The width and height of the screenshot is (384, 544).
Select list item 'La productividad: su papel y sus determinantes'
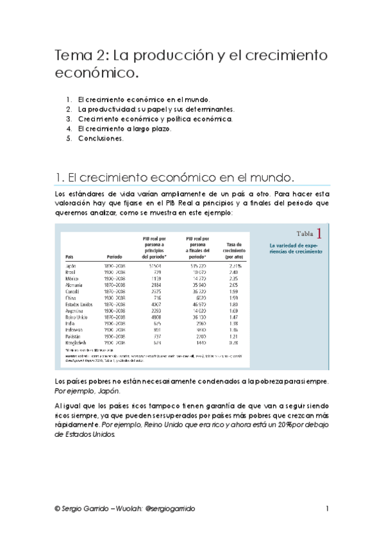coord(156,110)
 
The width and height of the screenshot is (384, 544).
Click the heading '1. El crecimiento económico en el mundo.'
coord(175,177)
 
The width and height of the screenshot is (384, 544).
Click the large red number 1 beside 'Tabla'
coord(319,233)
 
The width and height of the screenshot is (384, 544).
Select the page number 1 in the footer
coord(327,509)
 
